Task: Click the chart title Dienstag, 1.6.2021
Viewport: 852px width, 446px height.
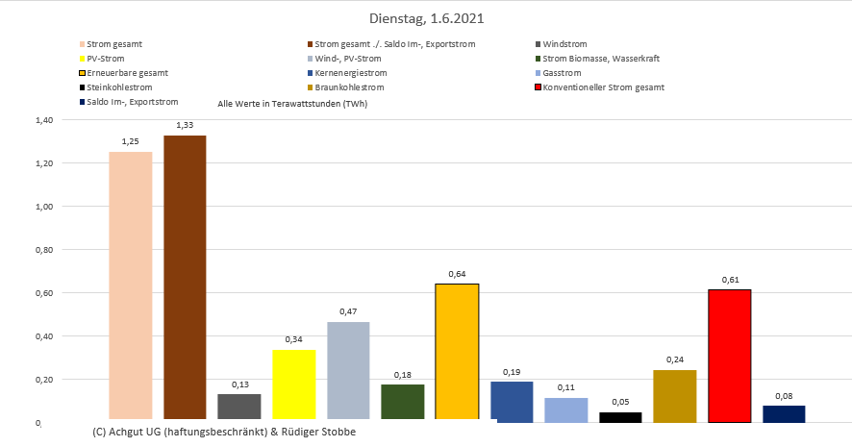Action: click(426, 18)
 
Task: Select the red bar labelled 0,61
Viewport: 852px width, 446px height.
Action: click(729, 356)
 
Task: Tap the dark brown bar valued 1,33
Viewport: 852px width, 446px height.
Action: click(185, 278)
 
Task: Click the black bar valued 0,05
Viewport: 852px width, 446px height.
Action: click(620, 416)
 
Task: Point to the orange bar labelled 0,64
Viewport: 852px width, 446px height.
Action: click(457, 352)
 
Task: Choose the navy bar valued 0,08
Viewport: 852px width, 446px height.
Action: click(784, 413)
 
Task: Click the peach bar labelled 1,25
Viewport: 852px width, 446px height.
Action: click(130, 285)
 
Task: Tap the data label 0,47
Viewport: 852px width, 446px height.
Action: click(348, 312)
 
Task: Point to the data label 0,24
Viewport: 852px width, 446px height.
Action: click(674, 360)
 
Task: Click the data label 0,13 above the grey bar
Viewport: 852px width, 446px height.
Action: click(238, 384)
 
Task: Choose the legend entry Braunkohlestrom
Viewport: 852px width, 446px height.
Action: click(347, 87)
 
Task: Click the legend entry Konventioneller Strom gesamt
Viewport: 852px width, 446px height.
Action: click(603, 87)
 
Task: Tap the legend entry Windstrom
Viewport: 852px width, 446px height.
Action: click(564, 44)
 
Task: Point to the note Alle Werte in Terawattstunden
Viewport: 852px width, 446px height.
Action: click(292, 104)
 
